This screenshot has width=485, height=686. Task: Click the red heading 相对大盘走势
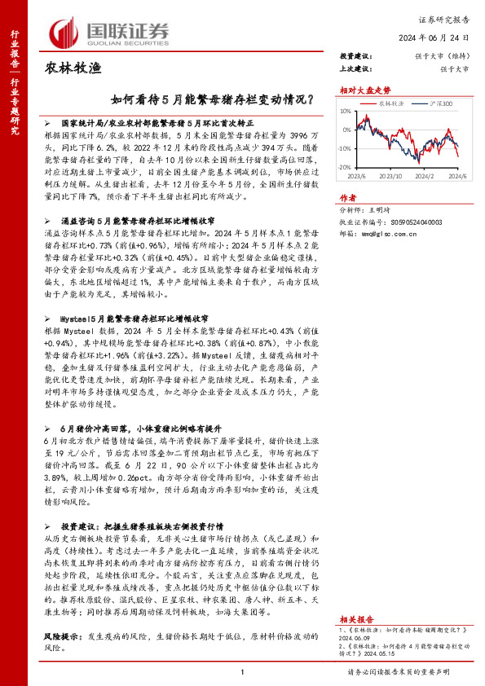coord(360,90)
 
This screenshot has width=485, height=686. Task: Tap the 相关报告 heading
coord(354,596)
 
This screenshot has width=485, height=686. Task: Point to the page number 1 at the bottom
coord(242,671)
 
